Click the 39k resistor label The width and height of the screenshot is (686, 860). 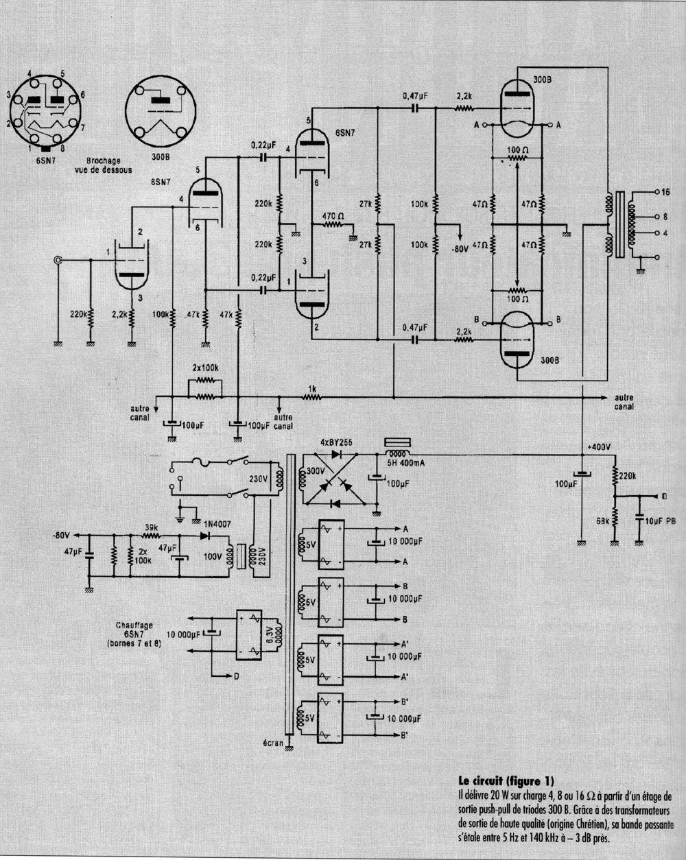(x=151, y=528)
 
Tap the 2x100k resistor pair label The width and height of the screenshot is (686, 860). (x=204, y=368)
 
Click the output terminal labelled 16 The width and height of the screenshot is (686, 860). (x=663, y=193)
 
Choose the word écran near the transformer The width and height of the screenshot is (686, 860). (x=273, y=742)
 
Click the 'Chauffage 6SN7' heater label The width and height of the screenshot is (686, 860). (x=134, y=635)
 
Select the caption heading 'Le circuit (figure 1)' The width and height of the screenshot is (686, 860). (x=505, y=780)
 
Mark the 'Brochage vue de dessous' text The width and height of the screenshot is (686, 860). (x=104, y=165)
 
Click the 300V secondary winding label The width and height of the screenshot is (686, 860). (x=315, y=473)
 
